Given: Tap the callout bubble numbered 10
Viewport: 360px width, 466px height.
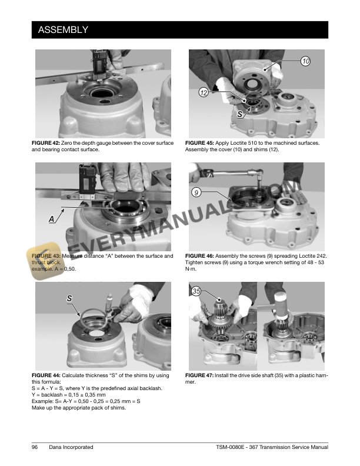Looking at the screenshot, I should tap(305, 61).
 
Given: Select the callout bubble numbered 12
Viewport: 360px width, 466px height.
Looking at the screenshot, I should tap(203, 93).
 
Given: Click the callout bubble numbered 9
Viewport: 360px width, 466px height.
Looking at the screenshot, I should tap(196, 192).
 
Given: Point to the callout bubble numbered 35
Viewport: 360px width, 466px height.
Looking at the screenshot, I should tap(196, 291).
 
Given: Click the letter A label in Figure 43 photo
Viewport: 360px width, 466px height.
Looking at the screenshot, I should tap(52, 218).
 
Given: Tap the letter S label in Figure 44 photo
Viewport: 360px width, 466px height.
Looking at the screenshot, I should tap(69, 298).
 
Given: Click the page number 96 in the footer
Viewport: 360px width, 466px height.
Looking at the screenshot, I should tap(35, 448).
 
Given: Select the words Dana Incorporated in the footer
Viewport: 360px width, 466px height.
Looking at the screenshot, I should tap(71, 448).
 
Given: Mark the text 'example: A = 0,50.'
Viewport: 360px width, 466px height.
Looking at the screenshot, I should tap(54, 269).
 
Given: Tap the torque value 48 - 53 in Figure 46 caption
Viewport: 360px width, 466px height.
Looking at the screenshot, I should tap(315, 262).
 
